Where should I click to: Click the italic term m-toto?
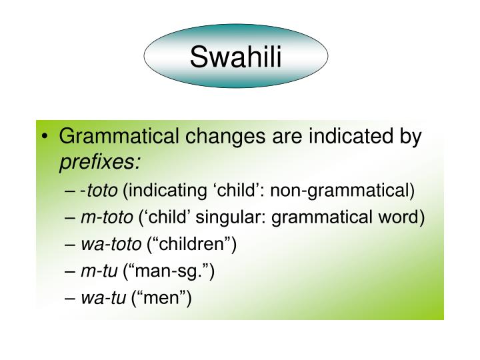point(105,218)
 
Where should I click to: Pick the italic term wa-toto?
point(109,244)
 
